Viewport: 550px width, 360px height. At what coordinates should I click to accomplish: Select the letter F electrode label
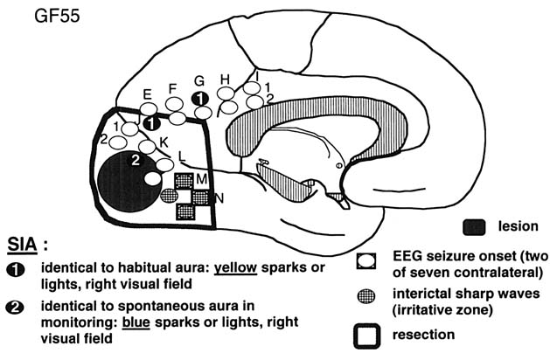pos(172,87)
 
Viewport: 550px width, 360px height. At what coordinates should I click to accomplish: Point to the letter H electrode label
pos(225,80)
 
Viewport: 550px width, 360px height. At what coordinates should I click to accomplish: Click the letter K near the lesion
pos(164,141)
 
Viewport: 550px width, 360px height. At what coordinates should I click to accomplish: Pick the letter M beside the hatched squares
pos(201,178)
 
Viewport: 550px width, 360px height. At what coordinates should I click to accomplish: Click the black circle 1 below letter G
pos(200,97)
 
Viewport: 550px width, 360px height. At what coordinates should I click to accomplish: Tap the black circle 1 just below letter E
pos(151,124)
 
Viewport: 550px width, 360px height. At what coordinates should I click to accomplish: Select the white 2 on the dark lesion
pos(135,160)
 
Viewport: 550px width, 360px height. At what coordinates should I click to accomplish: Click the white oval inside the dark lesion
pos(152,178)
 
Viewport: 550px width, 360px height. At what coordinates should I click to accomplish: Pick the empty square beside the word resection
pos(368,334)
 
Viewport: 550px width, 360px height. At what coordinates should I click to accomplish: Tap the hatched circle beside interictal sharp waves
pos(367,294)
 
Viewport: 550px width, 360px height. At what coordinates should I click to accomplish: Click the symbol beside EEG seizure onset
pos(367,259)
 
